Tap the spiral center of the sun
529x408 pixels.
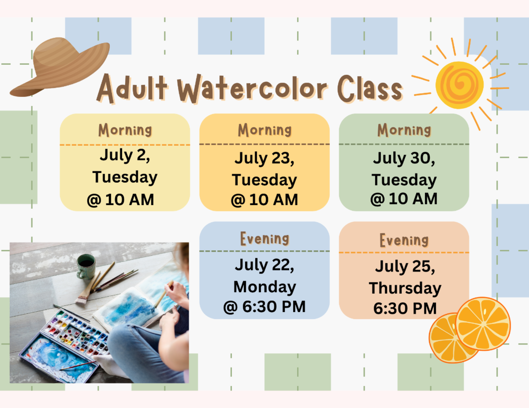click(x=460, y=85)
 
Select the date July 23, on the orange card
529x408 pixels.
click(x=264, y=158)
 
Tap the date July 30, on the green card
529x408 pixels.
click(x=404, y=158)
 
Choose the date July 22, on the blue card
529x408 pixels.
click(x=264, y=265)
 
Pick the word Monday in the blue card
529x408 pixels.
click(x=264, y=287)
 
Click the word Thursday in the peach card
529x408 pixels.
click(x=405, y=288)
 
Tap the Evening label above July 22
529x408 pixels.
click(x=264, y=239)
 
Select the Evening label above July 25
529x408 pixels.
click(x=404, y=240)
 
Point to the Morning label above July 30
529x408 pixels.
click(x=404, y=130)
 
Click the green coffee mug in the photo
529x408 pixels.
click(x=86, y=266)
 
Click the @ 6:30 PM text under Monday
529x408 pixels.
click(x=264, y=307)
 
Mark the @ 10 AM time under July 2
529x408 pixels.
click(x=120, y=200)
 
